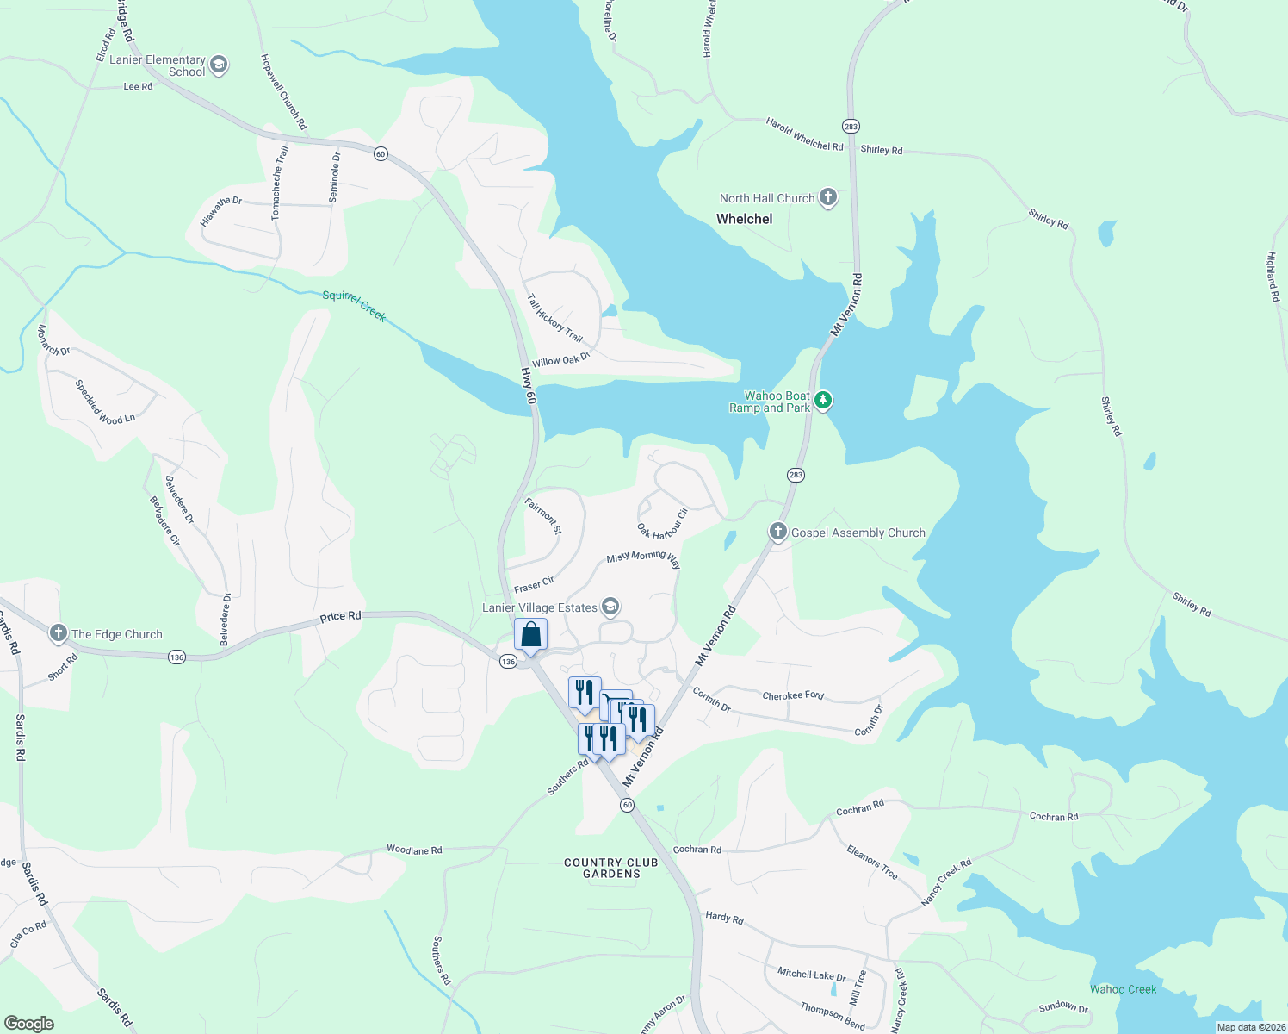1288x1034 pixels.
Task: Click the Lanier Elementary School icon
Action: tap(219, 65)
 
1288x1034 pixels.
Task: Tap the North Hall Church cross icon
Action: tap(827, 198)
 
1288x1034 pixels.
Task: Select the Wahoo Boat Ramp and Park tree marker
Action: tap(823, 401)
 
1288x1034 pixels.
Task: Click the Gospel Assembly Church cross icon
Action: tap(778, 532)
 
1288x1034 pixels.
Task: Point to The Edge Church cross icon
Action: tap(59, 634)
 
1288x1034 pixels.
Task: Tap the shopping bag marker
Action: tap(531, 635)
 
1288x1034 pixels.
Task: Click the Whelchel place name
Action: tap(744, 219)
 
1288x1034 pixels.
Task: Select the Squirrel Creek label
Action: tap(354, 306)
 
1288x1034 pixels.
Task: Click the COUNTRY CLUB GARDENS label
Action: tap(611, 868)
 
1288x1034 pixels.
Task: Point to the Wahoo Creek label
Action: tap(1123, 989)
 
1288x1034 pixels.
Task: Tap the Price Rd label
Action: tap(340, 617)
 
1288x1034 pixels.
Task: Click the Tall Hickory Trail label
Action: tap(554, 318)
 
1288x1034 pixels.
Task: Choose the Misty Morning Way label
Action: tap(643, 559)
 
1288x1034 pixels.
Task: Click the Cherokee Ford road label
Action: tap(793, 695)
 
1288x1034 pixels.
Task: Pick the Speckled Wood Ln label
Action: tap(105, 402)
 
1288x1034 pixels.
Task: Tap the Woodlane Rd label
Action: tap(414, 850)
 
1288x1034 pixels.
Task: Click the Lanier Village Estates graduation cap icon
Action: tap(610, 607)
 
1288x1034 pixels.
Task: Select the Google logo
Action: tap(29, 1024)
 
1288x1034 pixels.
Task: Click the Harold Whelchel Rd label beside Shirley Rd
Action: tap(804, 134)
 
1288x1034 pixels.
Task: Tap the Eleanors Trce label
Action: tap(871, 863)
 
